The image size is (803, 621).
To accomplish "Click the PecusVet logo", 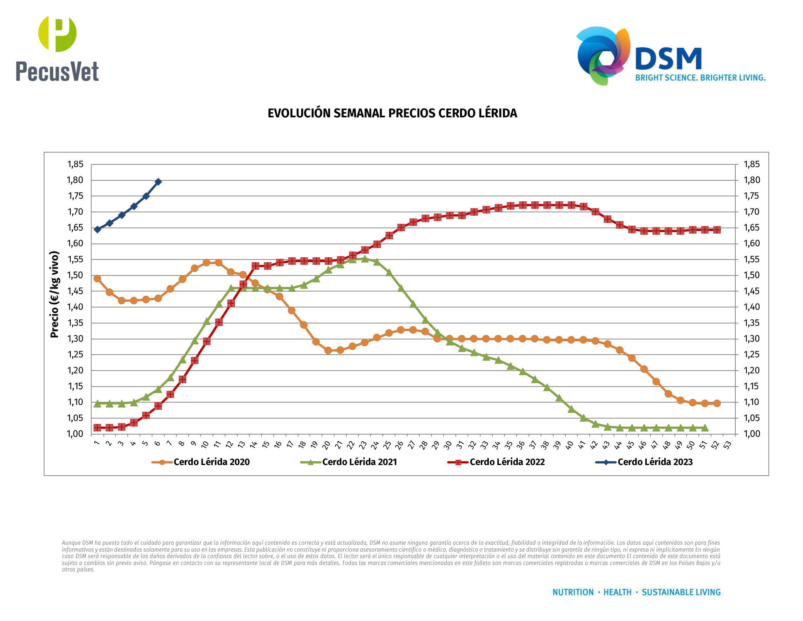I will [x=57, y=49].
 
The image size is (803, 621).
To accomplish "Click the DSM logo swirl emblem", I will [x=603, y=55].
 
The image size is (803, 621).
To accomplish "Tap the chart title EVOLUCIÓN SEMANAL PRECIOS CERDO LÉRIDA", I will [x=392, y=113].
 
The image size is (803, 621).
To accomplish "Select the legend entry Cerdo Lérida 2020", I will [x=211, y=462].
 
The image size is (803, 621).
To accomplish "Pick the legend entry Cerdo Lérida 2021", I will [x=359, y=462].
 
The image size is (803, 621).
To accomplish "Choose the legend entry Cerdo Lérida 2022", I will [x=507, y=462].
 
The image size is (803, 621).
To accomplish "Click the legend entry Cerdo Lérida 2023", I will [x=655, y=462].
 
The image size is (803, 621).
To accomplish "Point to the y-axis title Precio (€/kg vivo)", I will [x=55, y=294].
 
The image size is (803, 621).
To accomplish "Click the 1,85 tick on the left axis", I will [x=75, y=164].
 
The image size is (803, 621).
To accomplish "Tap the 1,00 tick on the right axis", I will [x=752, y=434].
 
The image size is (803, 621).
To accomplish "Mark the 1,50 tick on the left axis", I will [x=75, y=275].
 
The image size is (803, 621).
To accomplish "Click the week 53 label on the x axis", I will [x=727, y=444].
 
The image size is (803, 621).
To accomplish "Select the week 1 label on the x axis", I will [x=97, y=443].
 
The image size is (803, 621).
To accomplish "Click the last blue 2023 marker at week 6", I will [x=158, y=182].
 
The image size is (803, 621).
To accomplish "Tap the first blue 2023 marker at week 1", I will [x=97, y=229].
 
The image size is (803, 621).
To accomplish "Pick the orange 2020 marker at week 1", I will [x=97, y=279].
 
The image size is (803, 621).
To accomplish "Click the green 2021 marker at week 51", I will [x=705, y=428].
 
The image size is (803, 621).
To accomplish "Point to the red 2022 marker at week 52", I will [x=717, y=230].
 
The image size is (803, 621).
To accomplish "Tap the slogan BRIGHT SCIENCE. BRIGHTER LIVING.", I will [x=700, y=78].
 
